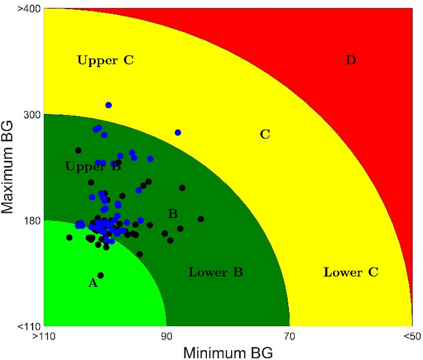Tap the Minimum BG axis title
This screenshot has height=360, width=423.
coord(226,352)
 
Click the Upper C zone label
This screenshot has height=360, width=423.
coord(105,61)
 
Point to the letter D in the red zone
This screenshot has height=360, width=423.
coord(351,61)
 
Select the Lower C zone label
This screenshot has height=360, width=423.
coord(351,272)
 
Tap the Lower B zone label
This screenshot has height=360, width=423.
coord(215,272)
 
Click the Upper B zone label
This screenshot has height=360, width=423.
coord(93,167)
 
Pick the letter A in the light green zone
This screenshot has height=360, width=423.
coord(92,283)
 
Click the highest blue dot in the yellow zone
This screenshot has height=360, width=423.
coord(109,105)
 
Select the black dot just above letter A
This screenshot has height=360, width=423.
coord(100,275)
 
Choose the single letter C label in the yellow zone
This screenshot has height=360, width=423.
coord(265,135)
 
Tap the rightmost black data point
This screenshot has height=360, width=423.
coord(201,219)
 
